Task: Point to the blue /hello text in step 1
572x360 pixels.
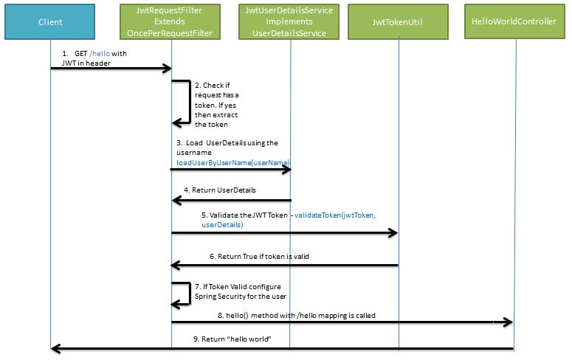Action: (x=98, y=54)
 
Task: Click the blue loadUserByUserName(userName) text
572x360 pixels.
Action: (x=232, y=162)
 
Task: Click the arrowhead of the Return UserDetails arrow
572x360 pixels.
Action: (x=176, y=200)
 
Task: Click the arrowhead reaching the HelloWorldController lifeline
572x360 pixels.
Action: (x=509, y=322)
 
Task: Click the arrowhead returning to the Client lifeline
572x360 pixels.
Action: (x=56, y=347)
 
